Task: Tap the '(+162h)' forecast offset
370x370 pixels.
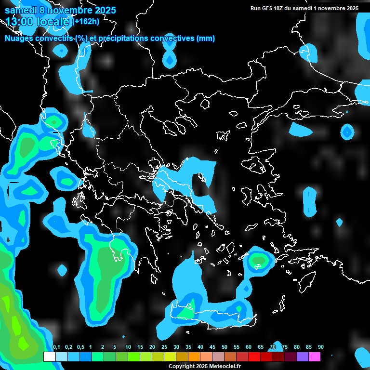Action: point(86,22)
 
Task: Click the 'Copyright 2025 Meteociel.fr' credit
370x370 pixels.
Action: point(204,367)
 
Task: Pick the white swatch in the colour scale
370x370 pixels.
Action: point(49,357)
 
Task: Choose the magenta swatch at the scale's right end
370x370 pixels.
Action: point(315,357)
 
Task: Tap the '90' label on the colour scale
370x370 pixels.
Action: point(320,347)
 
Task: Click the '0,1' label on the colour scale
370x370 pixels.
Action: point(56,347)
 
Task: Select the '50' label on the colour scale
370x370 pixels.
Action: point(225,347)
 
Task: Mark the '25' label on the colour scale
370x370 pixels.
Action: point(164,347)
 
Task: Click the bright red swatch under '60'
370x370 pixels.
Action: point(254,357)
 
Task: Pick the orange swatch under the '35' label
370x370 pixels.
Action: point(194,357)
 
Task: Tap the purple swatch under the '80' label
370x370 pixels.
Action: point(303,357)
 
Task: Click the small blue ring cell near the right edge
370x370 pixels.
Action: point(347,132)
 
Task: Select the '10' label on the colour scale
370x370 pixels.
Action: point(128,347)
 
